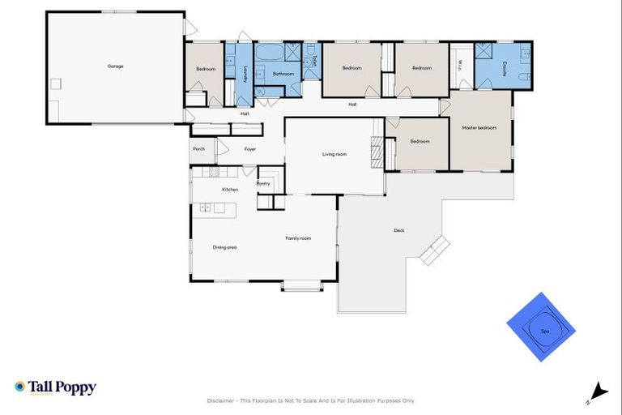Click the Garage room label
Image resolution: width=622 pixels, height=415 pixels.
[x=116, y=66]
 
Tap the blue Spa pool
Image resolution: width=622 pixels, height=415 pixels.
[x=541, y=327]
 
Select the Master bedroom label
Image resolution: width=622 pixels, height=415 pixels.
[x=479, y=127]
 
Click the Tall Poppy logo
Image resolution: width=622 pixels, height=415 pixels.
[x=55, y=387]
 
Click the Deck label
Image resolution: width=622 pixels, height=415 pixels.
[x=398, y=230]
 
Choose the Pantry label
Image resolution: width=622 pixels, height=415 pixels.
[x=263, y=184]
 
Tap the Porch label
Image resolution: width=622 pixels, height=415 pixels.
[x=198, y=149]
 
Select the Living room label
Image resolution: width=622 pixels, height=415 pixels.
[x=334, y=153]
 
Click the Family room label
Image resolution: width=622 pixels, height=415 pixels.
[x=298, y=238]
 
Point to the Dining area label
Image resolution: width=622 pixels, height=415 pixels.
[x=224, y=247]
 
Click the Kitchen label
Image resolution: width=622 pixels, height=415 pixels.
[x=230, y=190]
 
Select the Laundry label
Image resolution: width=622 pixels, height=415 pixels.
[x=245, y=74]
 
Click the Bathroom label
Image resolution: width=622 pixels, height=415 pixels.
[x=283, y=74]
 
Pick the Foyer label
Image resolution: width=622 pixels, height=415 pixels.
[x=250, y=149]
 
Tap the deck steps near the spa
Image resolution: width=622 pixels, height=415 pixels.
[x=434, y=250]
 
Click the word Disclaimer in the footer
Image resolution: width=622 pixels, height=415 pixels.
[x=222, y=400]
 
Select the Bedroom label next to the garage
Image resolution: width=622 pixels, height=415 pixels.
[x=206, y=69]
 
